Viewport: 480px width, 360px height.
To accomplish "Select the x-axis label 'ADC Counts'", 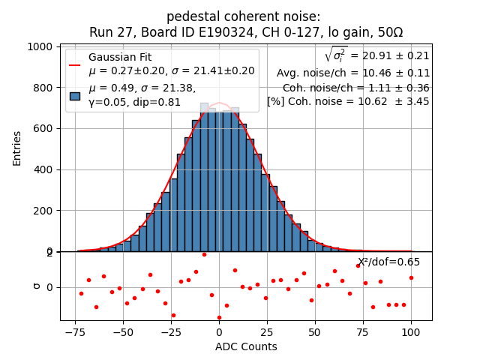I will [245, 346].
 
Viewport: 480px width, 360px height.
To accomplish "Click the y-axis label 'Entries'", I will [17, 148].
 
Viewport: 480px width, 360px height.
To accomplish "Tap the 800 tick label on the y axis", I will [46, 88].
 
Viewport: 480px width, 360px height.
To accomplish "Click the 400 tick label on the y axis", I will [46, 169].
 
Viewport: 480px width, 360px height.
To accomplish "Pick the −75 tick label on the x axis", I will [74, 331].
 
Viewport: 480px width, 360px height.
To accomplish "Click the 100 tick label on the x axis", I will [411, 331].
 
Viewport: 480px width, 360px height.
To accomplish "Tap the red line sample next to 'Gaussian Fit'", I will [75, 64].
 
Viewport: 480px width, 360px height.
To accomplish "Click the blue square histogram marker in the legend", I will [75, 95].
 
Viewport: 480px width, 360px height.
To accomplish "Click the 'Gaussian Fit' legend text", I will [119, 58].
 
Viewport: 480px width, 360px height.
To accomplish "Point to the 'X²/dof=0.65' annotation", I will [388, 262].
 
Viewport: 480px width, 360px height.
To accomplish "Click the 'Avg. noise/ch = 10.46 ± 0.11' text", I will [352, 73].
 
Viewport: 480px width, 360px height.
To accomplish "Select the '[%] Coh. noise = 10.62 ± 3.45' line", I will [348, 101].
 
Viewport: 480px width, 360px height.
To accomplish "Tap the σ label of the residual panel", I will [36, 286].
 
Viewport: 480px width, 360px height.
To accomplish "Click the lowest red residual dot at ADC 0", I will [219, 317].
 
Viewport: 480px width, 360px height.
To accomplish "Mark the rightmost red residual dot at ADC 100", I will [411, 277].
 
